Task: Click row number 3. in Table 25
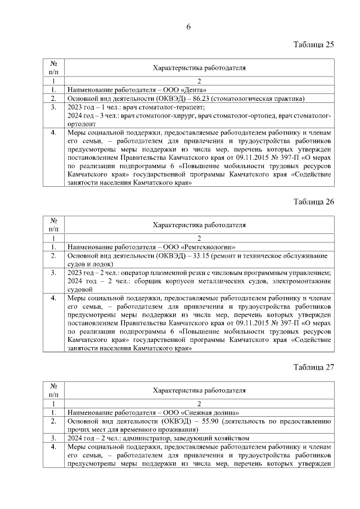tap(53, 106)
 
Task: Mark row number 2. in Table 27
tap(53, 420)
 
